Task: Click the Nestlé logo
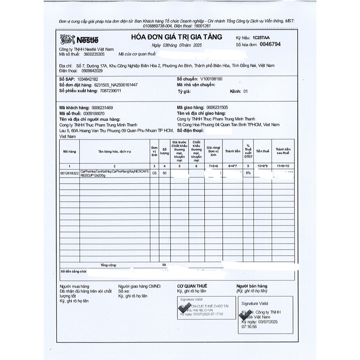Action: pos(79,39)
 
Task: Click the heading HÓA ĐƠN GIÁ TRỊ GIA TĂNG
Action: pos(176,37)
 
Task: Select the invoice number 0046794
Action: pos(270,44)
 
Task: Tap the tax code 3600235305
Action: pos(92,54)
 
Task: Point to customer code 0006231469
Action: pos(102,108)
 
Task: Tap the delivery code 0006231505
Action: pos(217,108)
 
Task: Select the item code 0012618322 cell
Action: pos(69,173)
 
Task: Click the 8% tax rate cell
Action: pos(248,173)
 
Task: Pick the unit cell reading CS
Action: pos(154,173)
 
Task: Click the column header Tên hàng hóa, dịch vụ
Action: pos(115,152)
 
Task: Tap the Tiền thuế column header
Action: pos(262,151)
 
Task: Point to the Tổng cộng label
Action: pos(109,265)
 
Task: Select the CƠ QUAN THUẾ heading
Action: pos(192,286)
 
